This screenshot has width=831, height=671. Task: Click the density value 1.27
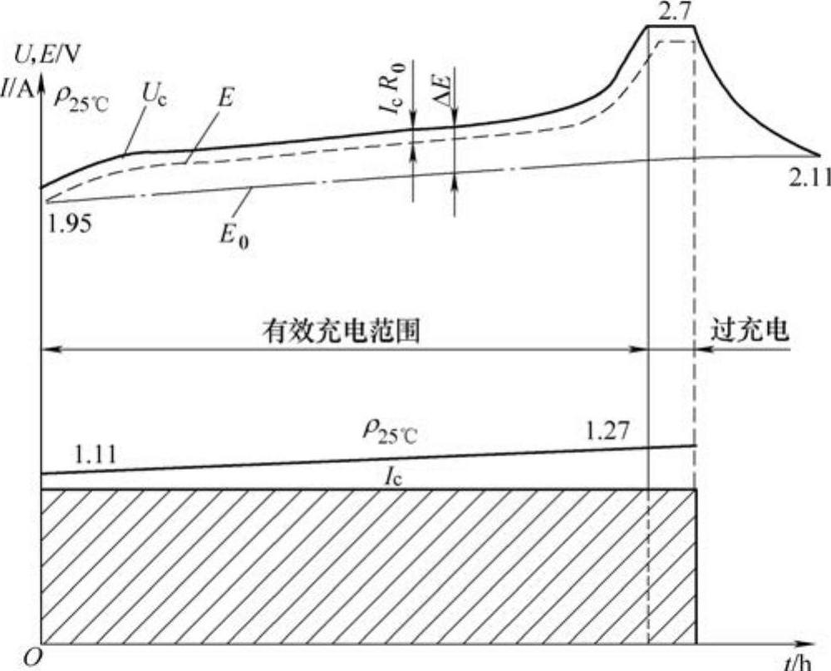tap(607, 432)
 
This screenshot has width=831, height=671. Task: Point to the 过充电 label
tap(749, 330)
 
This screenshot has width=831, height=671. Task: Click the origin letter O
tap(32, 658)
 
